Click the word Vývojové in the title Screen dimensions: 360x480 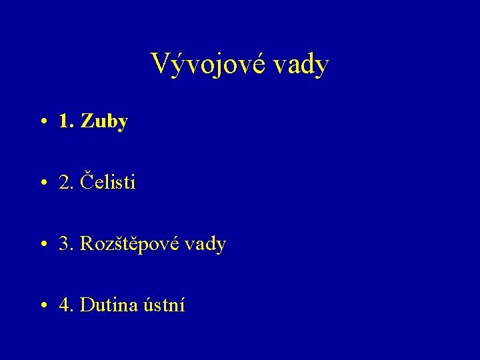205,65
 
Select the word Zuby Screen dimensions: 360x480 103,122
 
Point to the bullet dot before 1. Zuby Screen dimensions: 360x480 43,123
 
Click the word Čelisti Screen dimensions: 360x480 107,182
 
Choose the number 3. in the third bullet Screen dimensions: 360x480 66,244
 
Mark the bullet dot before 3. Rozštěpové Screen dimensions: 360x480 43,245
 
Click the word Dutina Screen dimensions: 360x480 109,305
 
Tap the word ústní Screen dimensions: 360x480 164,305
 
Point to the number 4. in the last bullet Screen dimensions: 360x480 66,305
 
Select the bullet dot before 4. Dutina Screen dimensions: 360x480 43,307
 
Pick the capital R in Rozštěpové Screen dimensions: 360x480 87,244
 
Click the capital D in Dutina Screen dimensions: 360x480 87,305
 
